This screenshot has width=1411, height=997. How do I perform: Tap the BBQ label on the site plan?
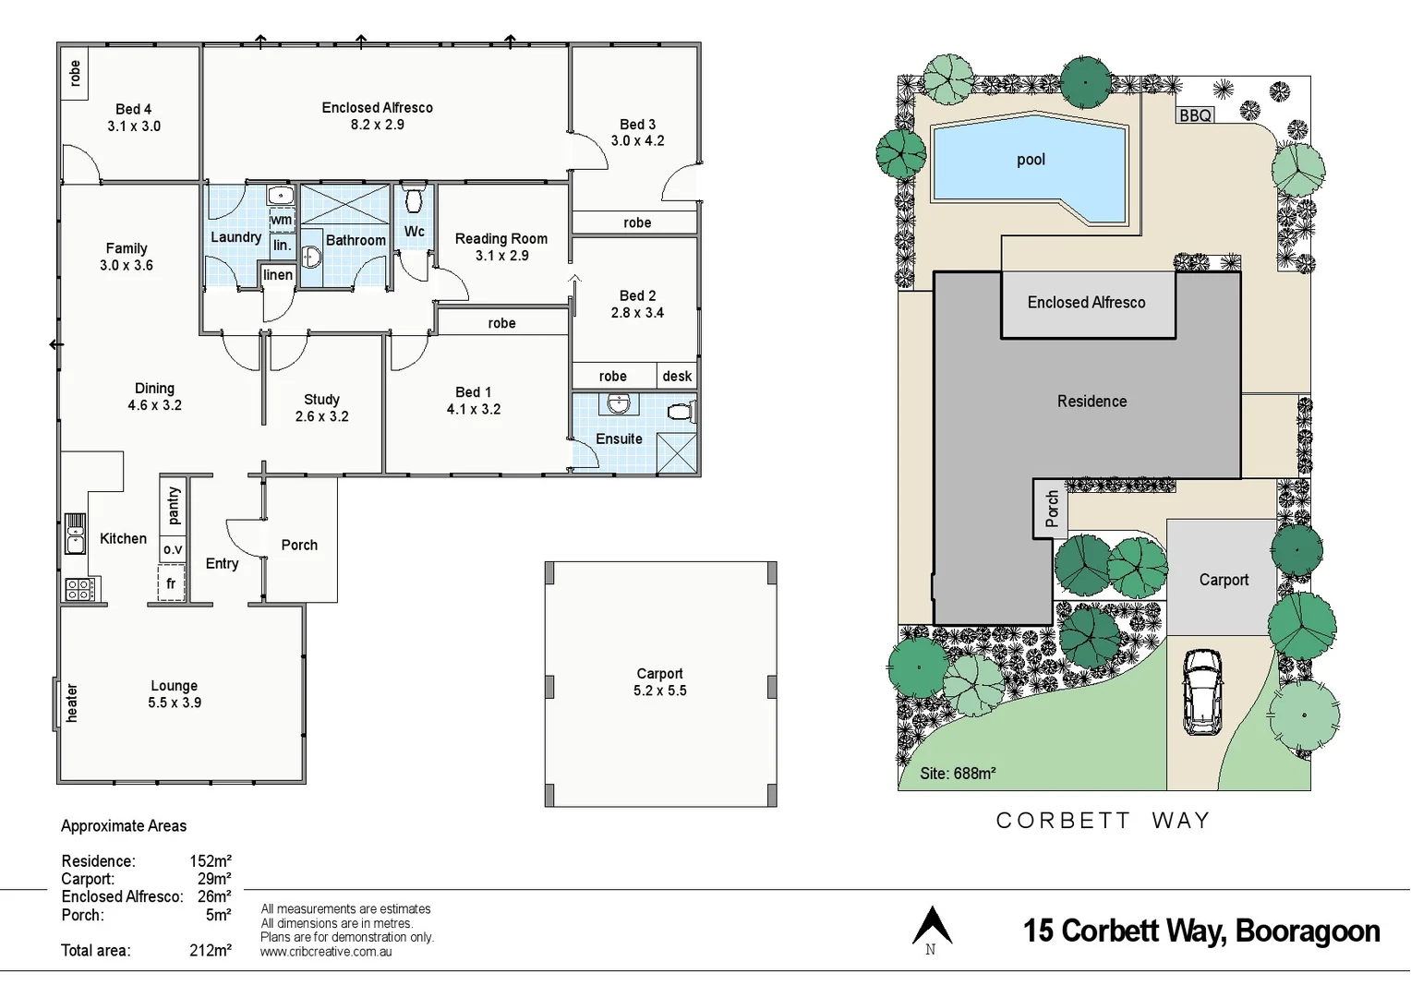coord(1195,115)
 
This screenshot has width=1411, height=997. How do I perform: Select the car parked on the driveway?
coord(1202,691)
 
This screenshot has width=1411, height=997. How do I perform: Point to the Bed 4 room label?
coord(133,109)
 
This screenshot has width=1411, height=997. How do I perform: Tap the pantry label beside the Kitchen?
coord(174,506)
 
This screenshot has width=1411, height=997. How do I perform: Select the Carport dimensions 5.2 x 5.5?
coord(659,691)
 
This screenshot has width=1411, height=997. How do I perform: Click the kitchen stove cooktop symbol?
coord(78,589)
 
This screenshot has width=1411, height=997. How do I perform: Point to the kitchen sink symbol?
coord(75,534)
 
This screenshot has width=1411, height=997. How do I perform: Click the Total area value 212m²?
coord(210,950)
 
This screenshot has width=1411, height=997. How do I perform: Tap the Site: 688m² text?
coord(957,774)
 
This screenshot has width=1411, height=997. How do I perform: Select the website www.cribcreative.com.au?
coord(326,952)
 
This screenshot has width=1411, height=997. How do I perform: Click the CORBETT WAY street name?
coord(1103,821)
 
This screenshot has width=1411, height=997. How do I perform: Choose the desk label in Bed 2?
coord(677,376)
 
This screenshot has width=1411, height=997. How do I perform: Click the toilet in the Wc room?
coord(414,199)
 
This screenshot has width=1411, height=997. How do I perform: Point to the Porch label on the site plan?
coord(1051,509)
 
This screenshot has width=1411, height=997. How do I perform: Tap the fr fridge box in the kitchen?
coord(171,583)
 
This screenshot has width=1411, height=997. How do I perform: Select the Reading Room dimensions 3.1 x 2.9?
coord(501,256)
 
